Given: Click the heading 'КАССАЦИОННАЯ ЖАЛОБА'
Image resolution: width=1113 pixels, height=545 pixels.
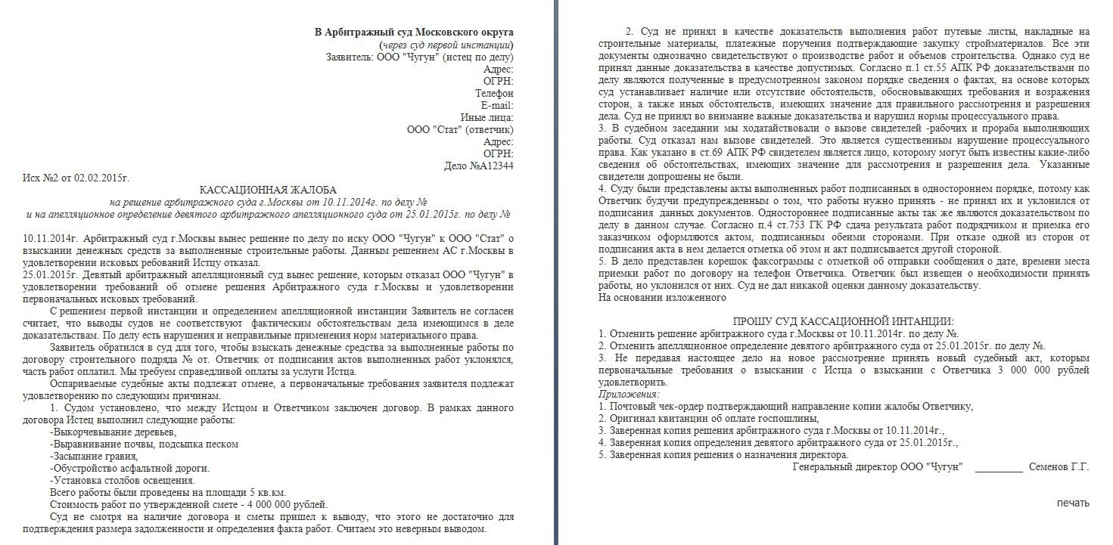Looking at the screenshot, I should tap(268, 190).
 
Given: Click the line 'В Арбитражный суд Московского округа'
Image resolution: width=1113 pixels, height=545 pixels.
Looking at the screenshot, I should tap(414, 33).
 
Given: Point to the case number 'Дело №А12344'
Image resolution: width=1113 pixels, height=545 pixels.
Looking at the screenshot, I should tap(479, 166).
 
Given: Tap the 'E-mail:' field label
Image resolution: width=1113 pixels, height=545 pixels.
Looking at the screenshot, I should tap(496, 105).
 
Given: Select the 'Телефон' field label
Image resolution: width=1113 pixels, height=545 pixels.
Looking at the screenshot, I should tap(494, 93).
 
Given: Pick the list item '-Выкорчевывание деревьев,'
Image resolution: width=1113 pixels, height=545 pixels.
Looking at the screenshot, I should tap(113, 432).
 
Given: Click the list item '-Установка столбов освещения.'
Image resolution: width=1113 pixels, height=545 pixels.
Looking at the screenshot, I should tap(122, 480).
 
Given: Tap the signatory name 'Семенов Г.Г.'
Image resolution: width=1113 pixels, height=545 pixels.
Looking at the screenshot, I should tap(1059, 466).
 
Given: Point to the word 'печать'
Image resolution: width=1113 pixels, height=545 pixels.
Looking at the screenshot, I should tap(1073, 503).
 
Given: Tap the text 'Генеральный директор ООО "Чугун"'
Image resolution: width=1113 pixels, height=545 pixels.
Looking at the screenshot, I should tap(877, 466).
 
